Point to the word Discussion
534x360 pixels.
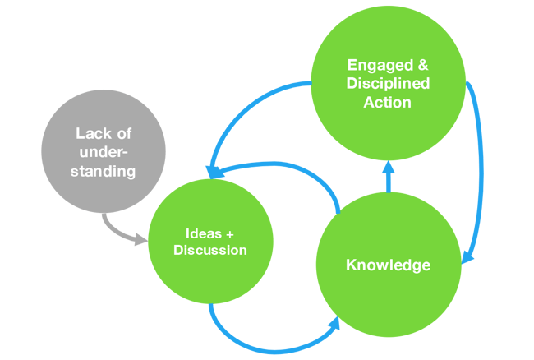click(209, 250)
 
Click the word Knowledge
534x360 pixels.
click(388, 265)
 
